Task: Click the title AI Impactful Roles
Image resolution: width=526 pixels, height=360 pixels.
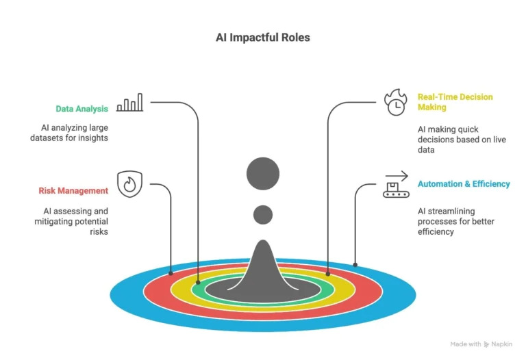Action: [x=263, y=38]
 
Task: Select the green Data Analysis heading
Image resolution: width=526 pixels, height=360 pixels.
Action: [x=81, y=109]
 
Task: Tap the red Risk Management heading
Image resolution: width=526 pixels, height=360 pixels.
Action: [x=73, y=190]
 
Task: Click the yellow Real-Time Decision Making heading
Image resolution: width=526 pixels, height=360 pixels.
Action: [x=455, y=102]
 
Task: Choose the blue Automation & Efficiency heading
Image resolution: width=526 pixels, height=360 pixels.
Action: [x=464, y=184]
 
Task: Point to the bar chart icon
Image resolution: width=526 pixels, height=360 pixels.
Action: [x=129, y=103]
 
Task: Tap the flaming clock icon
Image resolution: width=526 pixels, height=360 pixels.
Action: [x=395, y=102]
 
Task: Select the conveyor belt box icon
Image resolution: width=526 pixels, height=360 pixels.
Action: [x=395, y=185]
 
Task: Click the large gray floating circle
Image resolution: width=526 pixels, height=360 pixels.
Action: [x=263, y=172]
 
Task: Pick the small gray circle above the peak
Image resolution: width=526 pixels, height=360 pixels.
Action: [x=263, y=215]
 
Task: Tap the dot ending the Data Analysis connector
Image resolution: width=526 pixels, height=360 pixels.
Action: [x=198, y=281]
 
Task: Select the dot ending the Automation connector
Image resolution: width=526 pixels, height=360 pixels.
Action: [x=355, y=264]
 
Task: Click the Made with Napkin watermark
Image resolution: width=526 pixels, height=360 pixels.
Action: [x=481, y=344]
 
